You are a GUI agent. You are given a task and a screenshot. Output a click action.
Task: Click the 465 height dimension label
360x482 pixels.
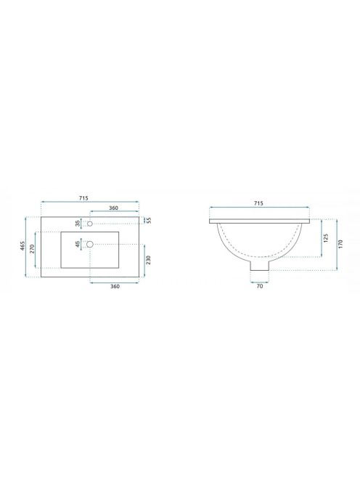22,246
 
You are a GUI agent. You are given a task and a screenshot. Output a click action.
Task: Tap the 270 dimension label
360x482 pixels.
32,249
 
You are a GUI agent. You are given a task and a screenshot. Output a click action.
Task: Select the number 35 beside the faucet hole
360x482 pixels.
78,223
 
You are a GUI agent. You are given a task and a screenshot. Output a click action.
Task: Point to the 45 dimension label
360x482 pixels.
78,244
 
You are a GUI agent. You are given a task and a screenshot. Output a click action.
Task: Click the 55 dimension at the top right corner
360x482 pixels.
149,220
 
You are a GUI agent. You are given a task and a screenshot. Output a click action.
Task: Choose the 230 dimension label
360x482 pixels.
148,260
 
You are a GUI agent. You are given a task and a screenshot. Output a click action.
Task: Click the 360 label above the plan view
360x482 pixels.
113,208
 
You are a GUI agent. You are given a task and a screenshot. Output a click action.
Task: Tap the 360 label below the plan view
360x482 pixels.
115,287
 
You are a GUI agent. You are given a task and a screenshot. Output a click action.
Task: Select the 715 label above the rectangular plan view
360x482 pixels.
83,198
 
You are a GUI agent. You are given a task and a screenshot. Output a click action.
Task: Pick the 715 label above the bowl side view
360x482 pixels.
258,203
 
